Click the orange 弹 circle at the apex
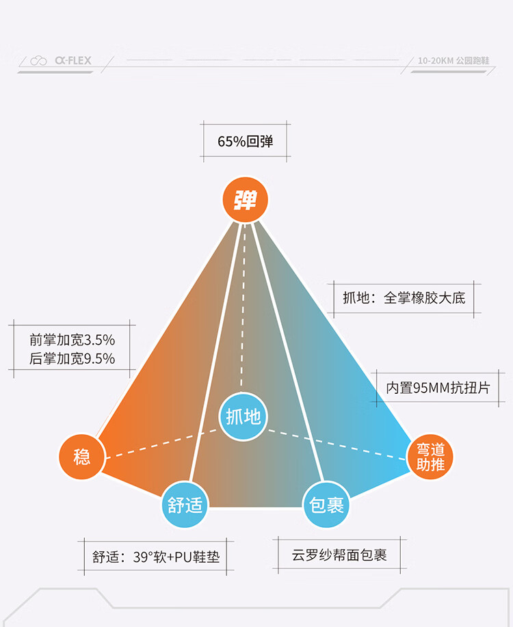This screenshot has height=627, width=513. [x=245, y=199]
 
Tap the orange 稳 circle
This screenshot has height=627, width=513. [x=81, y=456]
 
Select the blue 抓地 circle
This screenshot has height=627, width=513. [x=243, y=416]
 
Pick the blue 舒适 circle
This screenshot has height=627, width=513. [x=185, y=505]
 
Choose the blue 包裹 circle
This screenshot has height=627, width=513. [x=326, y=505]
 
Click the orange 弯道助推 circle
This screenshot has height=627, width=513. [x=430, y=457]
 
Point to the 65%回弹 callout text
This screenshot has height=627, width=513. [x=246, y=141]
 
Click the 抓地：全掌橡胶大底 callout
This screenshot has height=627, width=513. [x=404, y=298]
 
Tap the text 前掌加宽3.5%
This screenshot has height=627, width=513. [x=72, y=340]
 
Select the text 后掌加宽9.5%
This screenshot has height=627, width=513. [x=72, y=358]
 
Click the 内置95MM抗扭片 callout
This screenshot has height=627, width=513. [x=438, y=388]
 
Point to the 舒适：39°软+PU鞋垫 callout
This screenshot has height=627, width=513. [x=156, y=557]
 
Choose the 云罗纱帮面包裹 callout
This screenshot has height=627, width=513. [x=339, y=555]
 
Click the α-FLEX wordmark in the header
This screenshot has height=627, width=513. [x=73, y=60]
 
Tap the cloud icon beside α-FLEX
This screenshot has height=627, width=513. [x=38, y=61]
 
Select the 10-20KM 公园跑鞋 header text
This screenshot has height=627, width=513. [x=453, y=61]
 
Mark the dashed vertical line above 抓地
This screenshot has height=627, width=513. [x=243, y=306]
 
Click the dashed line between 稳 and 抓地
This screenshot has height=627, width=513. [x=161, y=444]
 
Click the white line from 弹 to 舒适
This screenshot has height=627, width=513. [x=216, y=352]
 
